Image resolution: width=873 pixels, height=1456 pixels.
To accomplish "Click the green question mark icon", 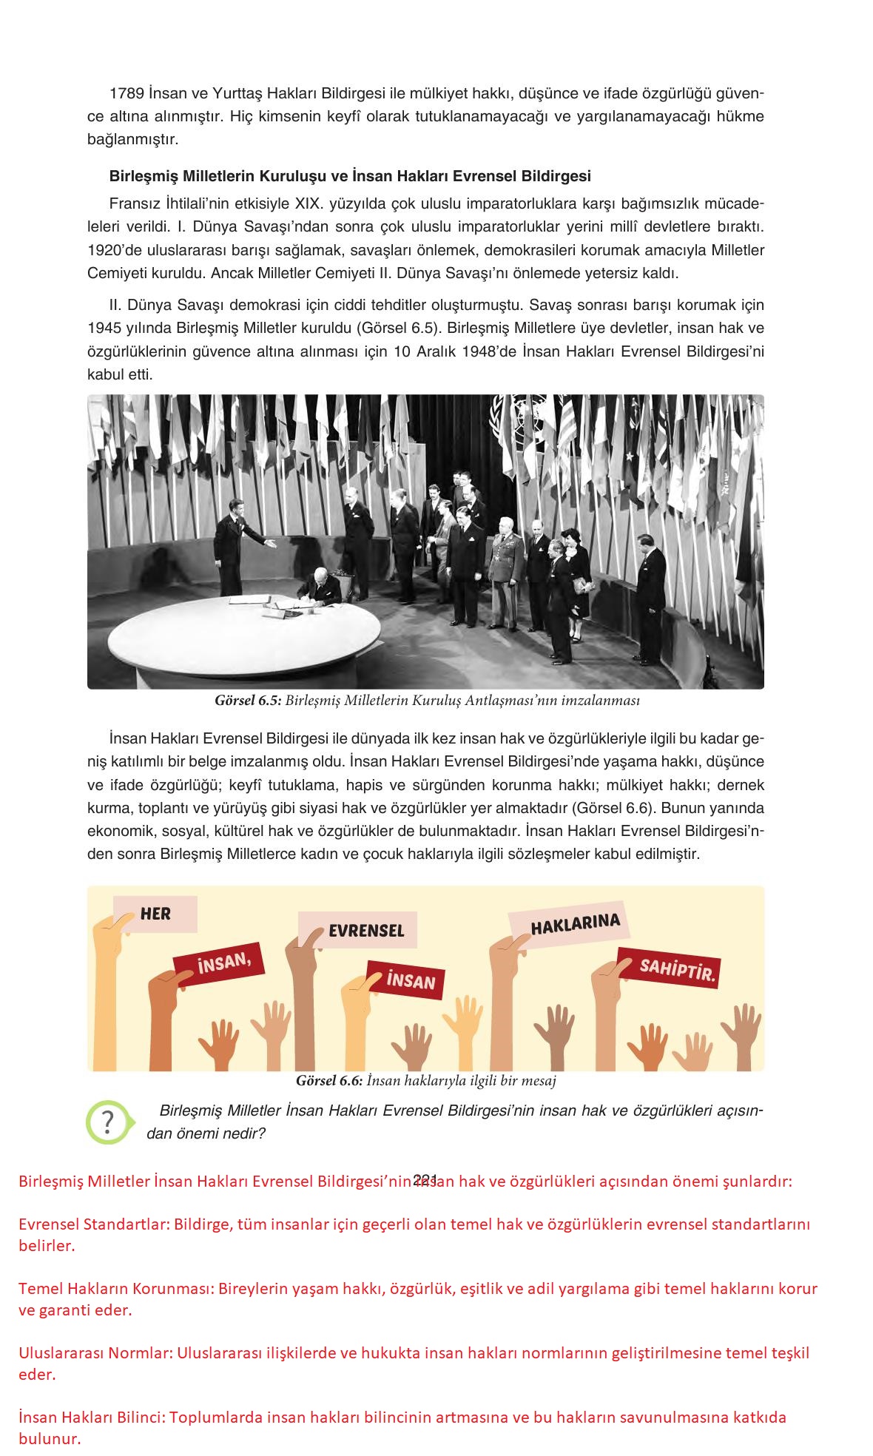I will [108, 1122].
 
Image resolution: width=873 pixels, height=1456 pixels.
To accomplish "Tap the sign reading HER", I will [155, 914].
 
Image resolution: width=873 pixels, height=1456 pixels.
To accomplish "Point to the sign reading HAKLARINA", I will [574, 924].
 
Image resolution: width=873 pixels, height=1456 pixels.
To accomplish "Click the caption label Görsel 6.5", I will [247, 700].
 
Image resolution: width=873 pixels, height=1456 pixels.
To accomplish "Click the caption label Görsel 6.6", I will [328, 1081].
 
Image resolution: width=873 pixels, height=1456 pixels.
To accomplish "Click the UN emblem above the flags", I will [531, 409].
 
